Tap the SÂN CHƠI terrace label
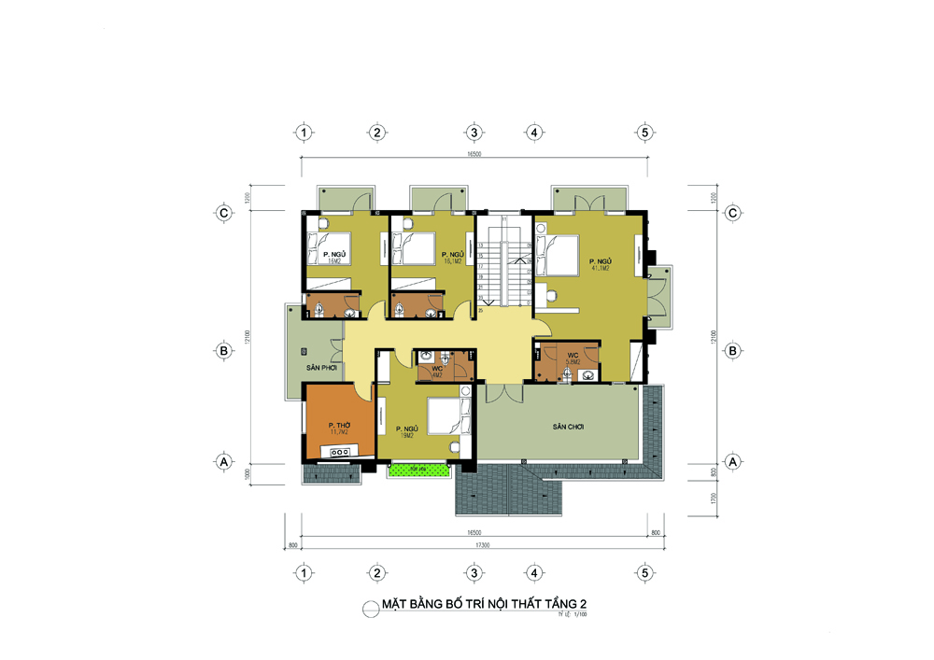[567, 426]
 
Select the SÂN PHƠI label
[320, 368]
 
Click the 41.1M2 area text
[598, 268]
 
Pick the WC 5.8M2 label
[573, 358]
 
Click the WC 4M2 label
[436, 371]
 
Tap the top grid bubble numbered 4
[533, 133]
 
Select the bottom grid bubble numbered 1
[304, 572]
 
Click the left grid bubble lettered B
[224, 351]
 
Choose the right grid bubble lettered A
[733, 461]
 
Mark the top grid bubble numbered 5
[644, 133]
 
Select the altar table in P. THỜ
[340, 453]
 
